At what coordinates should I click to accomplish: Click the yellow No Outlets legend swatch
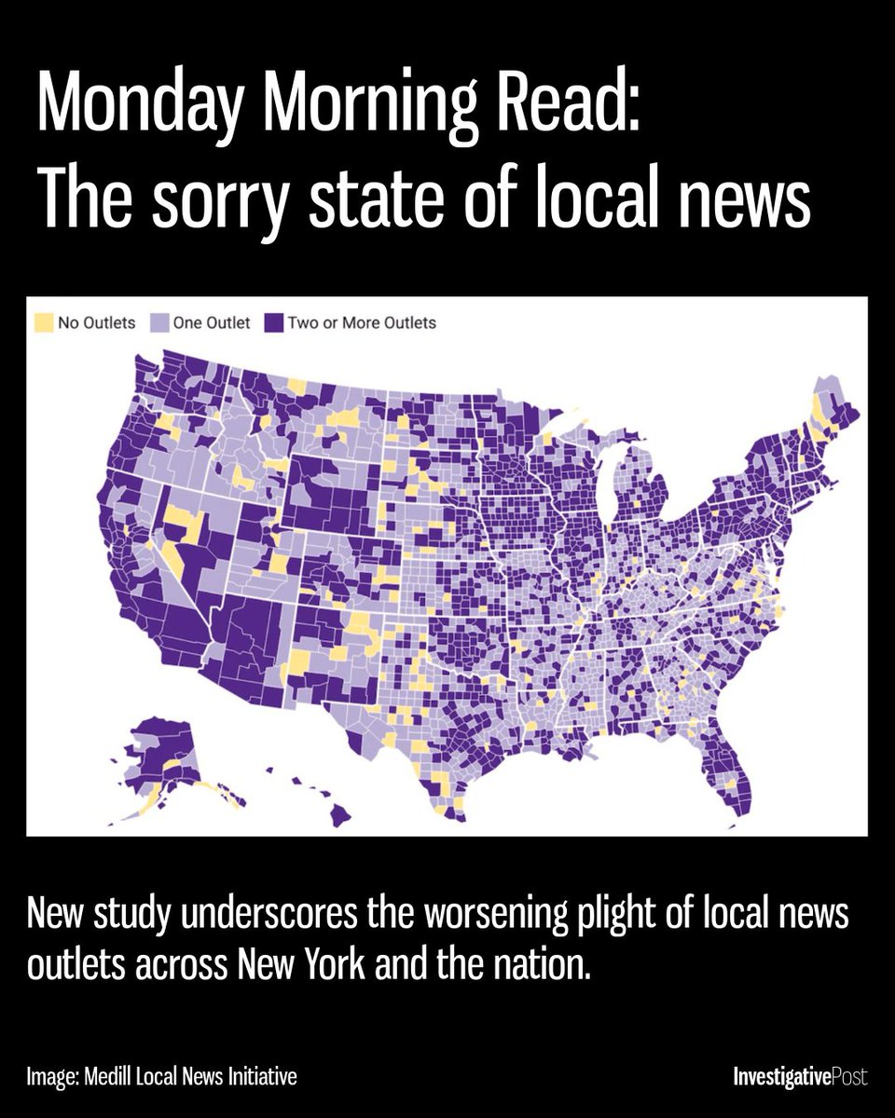coord(44,323)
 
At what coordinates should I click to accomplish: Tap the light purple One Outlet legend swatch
coord(159,323)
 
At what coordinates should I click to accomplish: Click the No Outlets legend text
coord(97,323)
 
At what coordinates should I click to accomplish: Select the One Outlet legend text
coord(211,323)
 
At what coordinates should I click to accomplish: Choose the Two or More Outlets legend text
coord(362,323)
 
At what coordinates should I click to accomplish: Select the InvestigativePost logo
coord(800,1078)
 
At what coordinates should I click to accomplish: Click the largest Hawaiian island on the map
coord(339,815)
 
